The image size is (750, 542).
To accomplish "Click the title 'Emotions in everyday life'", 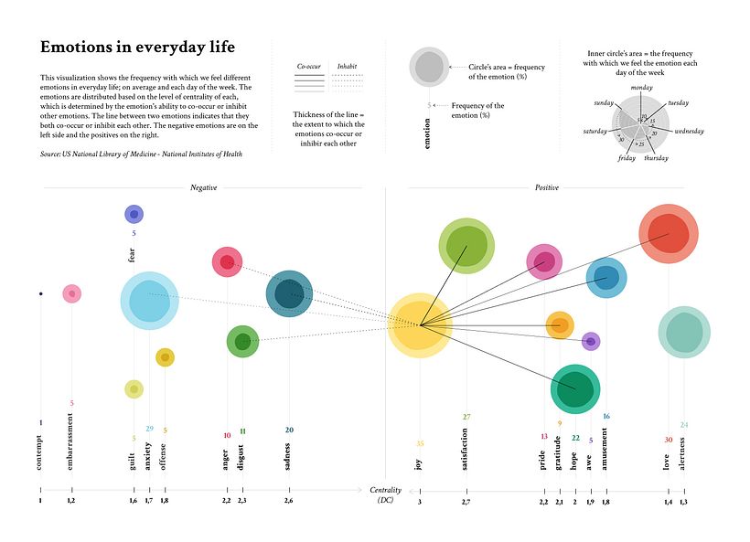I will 137,47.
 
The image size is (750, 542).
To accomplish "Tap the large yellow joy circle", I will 420,324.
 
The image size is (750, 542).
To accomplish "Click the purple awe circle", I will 591,341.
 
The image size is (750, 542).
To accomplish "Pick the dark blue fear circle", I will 134,214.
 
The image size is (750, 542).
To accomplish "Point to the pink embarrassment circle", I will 71,293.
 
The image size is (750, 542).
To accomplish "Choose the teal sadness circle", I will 290,293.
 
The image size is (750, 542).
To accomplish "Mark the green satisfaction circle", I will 466,245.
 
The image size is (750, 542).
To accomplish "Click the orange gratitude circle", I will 559,324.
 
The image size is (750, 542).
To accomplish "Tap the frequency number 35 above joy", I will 420,443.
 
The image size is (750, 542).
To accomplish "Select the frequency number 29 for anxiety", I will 149,428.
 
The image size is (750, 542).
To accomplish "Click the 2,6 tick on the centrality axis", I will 289,501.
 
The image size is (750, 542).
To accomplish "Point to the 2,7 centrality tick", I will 466,501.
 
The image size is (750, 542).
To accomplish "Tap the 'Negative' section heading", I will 203,187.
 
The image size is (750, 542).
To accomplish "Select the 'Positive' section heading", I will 546,187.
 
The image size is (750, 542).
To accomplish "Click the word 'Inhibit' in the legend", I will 348,67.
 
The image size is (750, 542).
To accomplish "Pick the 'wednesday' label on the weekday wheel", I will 689,132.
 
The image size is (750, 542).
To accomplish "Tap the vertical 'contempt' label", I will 40,452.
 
